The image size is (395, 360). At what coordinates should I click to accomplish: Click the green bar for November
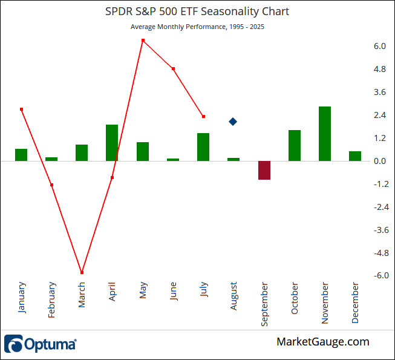click(x=325, y=134)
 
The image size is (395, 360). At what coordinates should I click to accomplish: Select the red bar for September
click(x=264, y=170)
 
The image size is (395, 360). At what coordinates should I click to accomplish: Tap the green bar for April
click(x=112, y=143)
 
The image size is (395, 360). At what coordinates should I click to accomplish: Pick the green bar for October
click(x=295, y=146)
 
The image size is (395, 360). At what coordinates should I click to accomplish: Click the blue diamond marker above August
click(x=233, y=122)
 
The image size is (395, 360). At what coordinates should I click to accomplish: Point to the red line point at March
click(x=82, y=273)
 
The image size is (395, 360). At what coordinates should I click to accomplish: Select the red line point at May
click(x=143, y=41)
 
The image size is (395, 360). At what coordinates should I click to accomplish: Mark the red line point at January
click(x=21, y=110)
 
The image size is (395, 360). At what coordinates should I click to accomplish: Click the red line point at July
click(x=204, y=116)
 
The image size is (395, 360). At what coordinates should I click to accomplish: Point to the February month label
click(x=52, y=300)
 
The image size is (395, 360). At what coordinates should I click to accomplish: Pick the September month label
click(x=264, y=304)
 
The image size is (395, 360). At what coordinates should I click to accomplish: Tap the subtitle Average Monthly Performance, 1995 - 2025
click(x=197, y=27)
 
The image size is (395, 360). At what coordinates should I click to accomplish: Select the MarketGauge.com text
click(x=322, y=342)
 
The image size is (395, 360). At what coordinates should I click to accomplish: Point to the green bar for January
click(x=21, y=155)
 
